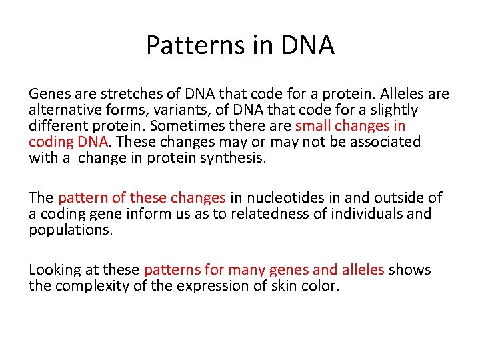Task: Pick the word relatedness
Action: click(242, 214)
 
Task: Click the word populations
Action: click(71, 230)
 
